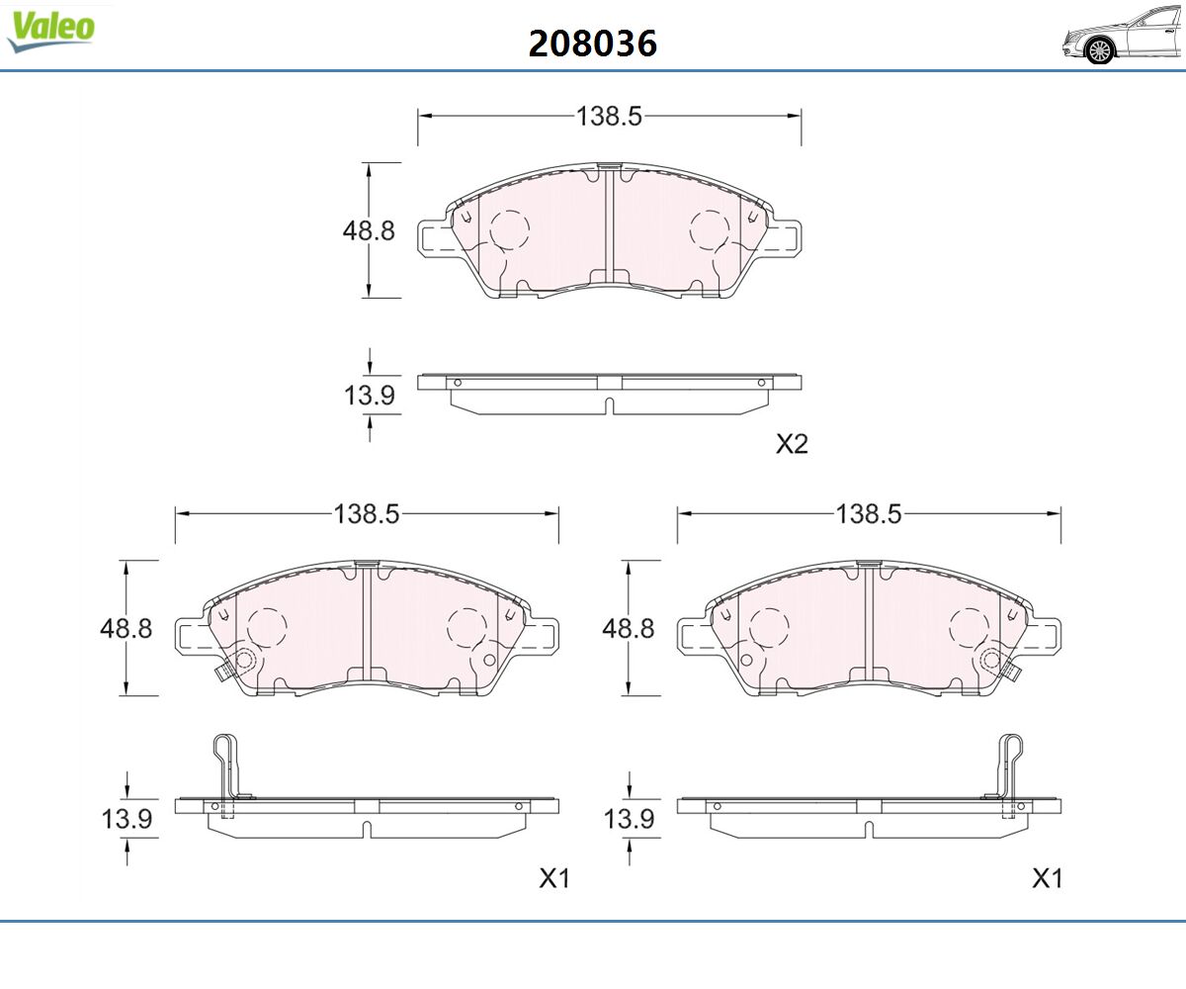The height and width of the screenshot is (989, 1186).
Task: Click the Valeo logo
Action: coord(50,32)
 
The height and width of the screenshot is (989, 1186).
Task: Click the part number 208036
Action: coord(592,44)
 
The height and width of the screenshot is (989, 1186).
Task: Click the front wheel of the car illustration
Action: coord(1099,50)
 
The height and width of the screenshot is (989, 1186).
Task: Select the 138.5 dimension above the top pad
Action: coord(609,116)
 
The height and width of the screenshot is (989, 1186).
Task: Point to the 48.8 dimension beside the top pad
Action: coord(369,230)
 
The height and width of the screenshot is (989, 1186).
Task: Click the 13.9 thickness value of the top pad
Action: coord(370,395)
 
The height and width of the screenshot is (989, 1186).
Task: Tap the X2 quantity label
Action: coord(792,443)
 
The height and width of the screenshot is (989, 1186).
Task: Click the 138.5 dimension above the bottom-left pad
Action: coord(367,514)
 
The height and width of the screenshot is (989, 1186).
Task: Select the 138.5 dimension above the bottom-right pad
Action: coord(869,514)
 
